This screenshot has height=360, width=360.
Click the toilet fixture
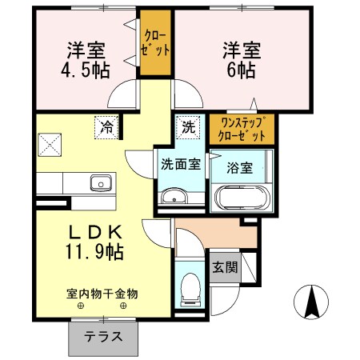pyautogui.click(x=190, y=288)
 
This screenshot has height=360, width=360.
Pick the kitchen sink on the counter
pyautogui.click(x=101, y=182)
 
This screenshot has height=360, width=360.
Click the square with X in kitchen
pyautogui.click(x=49, y=146)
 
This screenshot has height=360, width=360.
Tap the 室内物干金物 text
pyautogui.click(x=102, y=294)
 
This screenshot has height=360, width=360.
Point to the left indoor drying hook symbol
pyautogui.click(x=81, y=306)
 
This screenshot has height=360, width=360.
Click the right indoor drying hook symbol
pyautogui.click(x=124, y=306)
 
